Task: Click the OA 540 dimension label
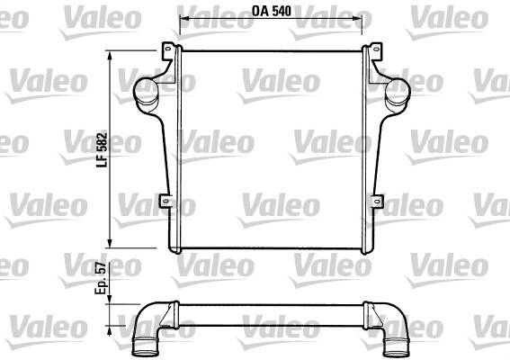point(272,12)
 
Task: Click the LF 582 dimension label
point(103,149)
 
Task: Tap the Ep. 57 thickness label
point(101,278)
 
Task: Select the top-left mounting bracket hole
point(168,49)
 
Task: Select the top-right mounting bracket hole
point(376,49)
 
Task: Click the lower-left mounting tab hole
point(166,201)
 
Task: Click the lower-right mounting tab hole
point(377,201)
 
